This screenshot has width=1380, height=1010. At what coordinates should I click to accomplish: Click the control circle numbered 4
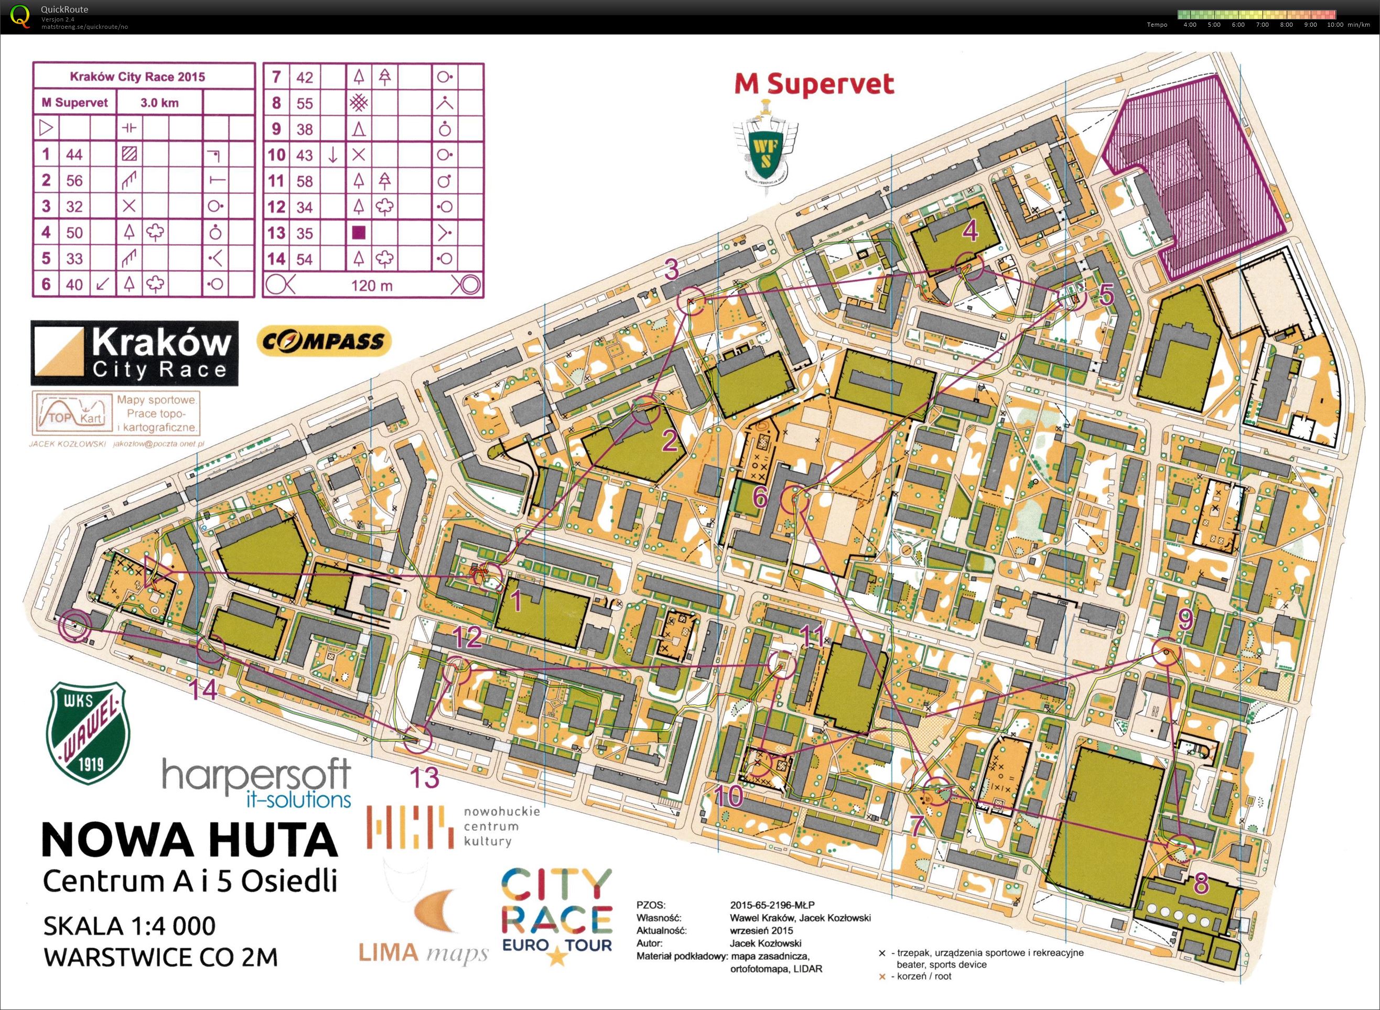[x=969, y=267]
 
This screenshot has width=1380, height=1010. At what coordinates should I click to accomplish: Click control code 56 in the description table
[x=74, y=180]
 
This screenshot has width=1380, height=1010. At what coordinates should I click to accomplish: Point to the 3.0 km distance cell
[x=159, y=103]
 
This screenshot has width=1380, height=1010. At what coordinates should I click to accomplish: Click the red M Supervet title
[x=814, y=84]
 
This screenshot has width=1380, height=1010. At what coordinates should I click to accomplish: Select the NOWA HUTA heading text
[x=190, y=840]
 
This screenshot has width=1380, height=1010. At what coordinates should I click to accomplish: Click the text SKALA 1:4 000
[x=130, y=926]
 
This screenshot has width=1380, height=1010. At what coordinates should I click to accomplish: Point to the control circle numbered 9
[x=1166, y=651]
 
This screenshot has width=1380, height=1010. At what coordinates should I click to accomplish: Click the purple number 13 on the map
[x=424, y=778]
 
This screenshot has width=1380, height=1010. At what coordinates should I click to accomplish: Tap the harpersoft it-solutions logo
[x=257, y=783]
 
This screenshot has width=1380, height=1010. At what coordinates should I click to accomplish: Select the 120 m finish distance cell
[x=372, y=286]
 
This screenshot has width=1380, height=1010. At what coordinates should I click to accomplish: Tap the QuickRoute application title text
[x=64, y=9]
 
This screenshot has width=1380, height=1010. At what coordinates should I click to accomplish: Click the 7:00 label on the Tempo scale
[x=1262, y=25]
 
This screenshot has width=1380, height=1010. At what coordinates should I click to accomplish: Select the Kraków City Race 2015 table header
[x=137, y=77]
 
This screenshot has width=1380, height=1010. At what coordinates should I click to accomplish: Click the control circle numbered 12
[x=457, y=669]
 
